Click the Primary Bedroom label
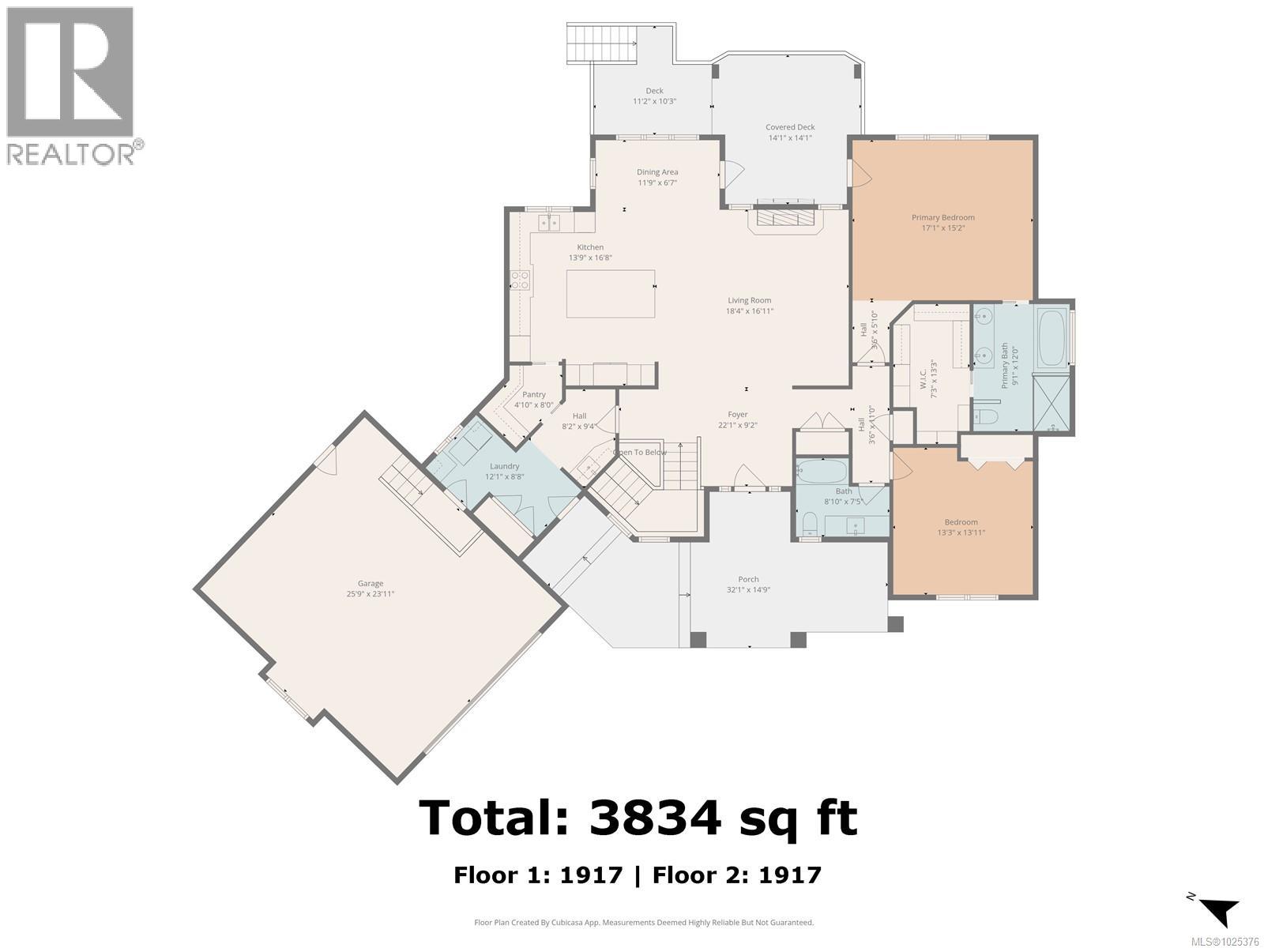pos(942,217)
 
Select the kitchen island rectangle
pos(610,293)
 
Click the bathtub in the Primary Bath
pos(1051,339)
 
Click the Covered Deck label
pos(789,127)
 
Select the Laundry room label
pos(504,466)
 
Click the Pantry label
pos(533,394)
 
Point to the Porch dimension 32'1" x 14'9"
pos(748,589)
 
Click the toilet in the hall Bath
pos(810,525)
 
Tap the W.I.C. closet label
pos(923,374)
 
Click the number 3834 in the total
pos(655,818)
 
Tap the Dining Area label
pos(657,172)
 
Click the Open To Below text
pos(641,453)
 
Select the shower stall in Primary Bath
pos(1051,408)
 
